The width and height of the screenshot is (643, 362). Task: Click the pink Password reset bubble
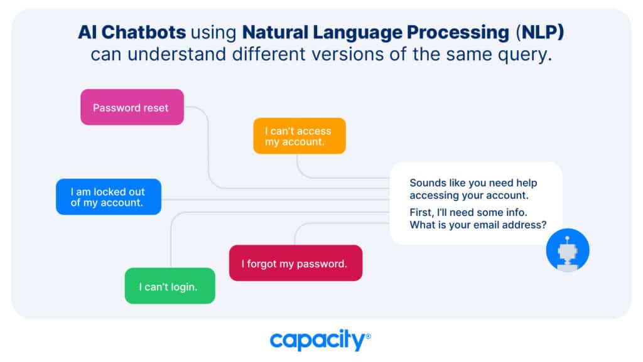click(x=132, y=107)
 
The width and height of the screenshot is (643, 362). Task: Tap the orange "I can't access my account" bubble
click(x=300, y=136)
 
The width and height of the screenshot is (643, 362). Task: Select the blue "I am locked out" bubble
click(x=109, y=196)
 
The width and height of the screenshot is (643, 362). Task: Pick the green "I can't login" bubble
click(x=170, y=286)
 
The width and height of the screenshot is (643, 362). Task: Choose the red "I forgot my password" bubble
click(x=296, y=263)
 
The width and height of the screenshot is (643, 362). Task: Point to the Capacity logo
click(x=320, y=339)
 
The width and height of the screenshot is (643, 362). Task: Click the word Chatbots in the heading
click(x=144, y=33)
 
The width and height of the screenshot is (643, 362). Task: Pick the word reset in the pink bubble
click(x=156, y=108)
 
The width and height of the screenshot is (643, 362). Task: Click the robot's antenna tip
click(x=567, y=238)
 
